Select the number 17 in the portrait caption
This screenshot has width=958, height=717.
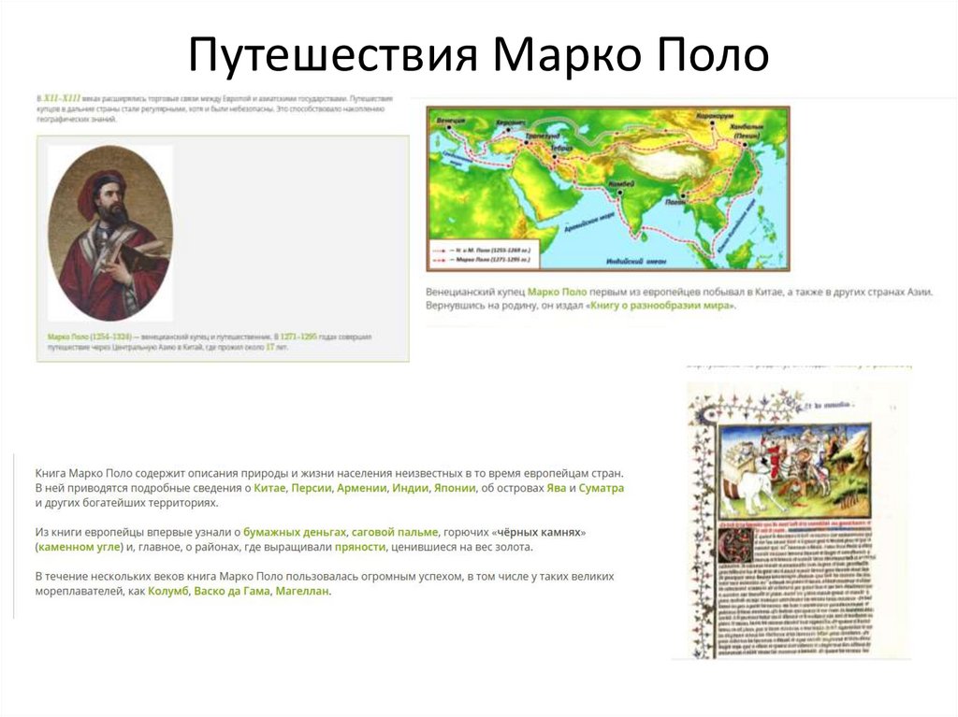(269, 346)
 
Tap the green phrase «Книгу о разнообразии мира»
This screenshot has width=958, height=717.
(660, 306)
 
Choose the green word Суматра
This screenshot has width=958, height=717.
(601, 488)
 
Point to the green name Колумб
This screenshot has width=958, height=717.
(168, 592)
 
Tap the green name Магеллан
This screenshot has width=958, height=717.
(302, 592)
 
